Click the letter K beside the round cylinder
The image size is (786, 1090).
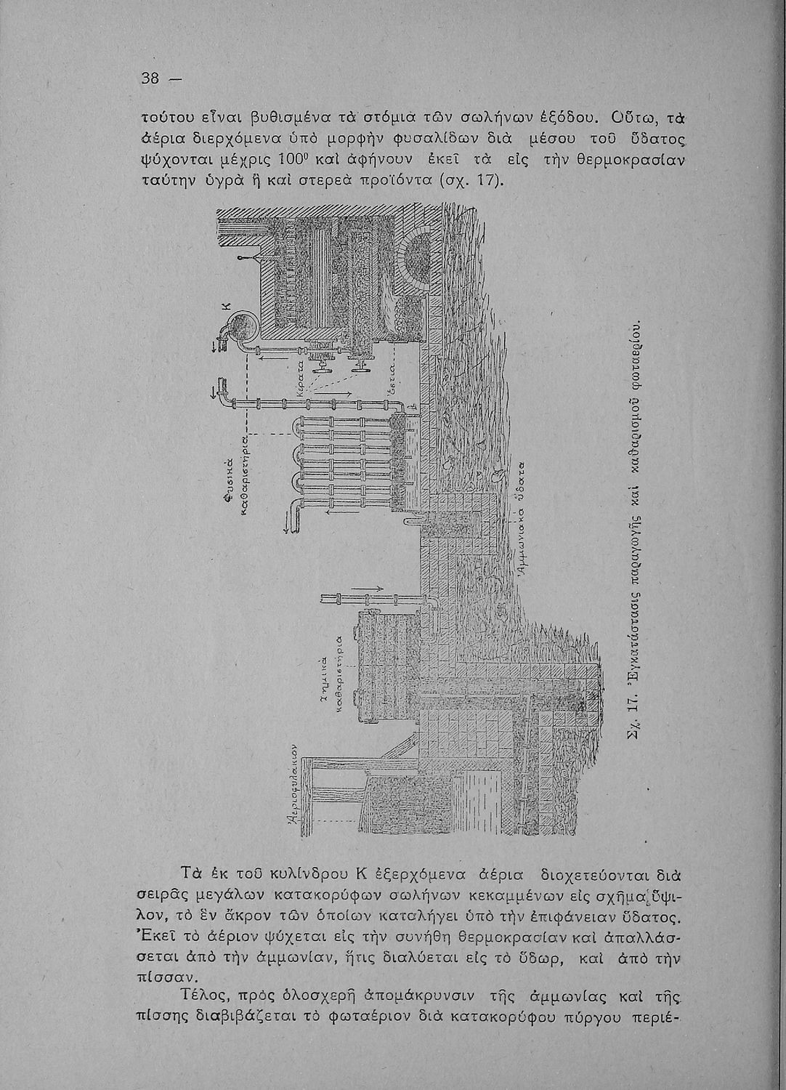coord(226,308)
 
